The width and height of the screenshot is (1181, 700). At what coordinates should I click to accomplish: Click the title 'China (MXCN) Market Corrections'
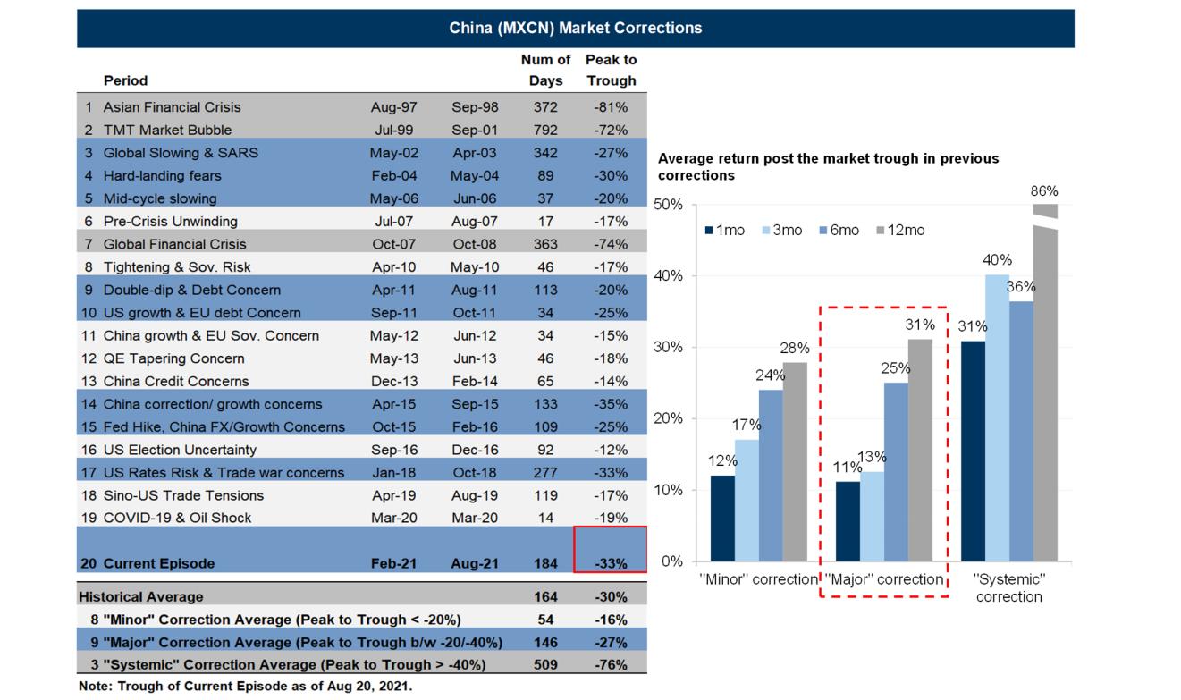(575, 28)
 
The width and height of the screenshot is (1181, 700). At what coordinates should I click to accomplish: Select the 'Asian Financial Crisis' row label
(172, 107)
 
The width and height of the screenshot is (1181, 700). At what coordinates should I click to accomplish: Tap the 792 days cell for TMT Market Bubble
(544, 130)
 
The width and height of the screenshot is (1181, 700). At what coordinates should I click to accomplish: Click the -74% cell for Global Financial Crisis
(612, 244)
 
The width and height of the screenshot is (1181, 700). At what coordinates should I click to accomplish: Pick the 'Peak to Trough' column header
(612, 70)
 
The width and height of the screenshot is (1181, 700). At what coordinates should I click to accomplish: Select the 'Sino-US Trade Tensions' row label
(183, 495)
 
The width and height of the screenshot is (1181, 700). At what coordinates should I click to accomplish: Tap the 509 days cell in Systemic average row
(544, 665)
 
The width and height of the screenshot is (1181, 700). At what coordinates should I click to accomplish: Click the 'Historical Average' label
(140, 596)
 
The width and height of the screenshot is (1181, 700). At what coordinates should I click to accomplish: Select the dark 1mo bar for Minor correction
(723, 519)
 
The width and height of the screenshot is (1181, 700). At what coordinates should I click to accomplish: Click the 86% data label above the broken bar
(1044, 190)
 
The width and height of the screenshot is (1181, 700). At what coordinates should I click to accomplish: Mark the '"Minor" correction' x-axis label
(758, 579)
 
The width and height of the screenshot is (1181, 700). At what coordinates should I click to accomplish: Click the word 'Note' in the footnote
(94, 687)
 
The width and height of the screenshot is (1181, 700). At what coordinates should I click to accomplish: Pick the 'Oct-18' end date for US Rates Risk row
(475, 473)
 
